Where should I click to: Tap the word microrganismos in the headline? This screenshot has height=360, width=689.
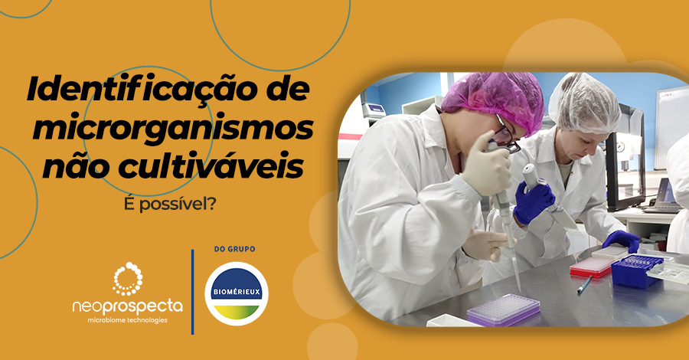coord(173,129)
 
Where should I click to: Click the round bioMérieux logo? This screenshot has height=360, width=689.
coord(237,293)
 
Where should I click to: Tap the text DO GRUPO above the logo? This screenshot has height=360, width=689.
coord(236,250)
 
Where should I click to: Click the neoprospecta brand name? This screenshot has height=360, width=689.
coord(127,306)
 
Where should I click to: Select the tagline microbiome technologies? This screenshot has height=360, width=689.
coord(127,320)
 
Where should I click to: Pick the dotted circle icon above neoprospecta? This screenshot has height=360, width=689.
coord(127,278)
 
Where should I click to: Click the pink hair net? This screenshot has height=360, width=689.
coord(491,97)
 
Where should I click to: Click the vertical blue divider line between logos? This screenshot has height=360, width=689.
coord(192,291)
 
